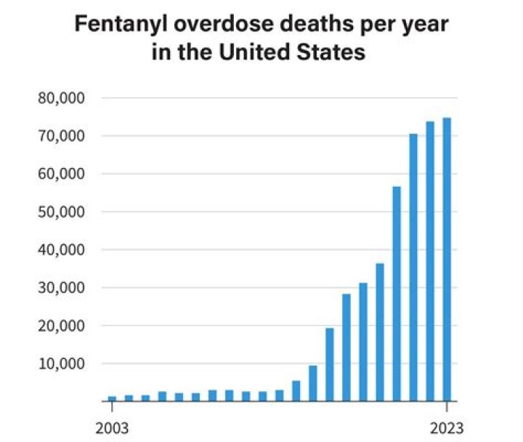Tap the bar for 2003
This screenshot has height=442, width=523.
tap(112, 398)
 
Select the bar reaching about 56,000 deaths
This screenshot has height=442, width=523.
tap(397, 294)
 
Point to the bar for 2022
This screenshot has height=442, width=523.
tap(430, 261)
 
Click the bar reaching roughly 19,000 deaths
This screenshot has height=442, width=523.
tap(330, 364)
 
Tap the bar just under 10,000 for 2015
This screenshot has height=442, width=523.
tap(313, 383)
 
